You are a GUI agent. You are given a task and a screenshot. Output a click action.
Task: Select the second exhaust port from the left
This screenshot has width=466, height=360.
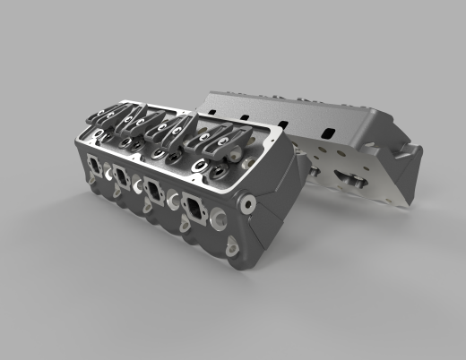(122, 177)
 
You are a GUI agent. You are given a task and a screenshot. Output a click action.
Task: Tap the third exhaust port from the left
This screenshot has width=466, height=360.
(153, 191)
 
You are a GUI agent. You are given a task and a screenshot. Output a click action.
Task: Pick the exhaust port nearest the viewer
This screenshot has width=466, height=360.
(194, 208)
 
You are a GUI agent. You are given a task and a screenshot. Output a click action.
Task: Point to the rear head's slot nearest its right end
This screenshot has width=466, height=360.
(327, 133)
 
